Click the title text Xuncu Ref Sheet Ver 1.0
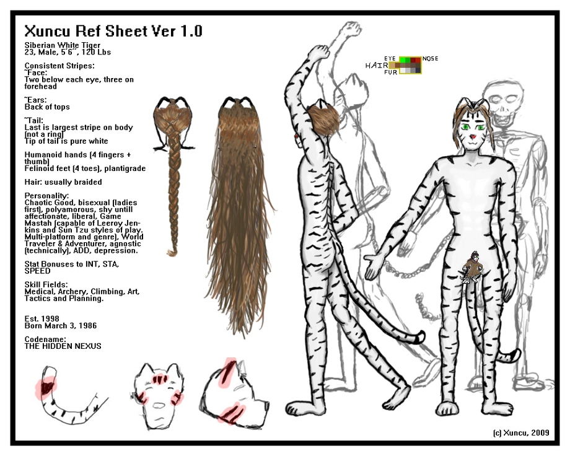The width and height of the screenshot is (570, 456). coord(113,31)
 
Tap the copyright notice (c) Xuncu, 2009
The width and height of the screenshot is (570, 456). coord(521,432)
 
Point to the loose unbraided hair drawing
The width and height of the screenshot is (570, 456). coord(240,214)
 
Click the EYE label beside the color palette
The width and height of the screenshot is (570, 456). coord(390,58)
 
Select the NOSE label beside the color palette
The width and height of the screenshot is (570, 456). coord(430,58)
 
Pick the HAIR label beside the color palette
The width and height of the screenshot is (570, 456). coord(377,66)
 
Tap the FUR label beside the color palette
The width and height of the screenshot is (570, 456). coord(390,72)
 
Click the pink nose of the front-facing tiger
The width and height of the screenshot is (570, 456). coord(473,137)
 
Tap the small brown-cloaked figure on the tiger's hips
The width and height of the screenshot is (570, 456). coord(471,267)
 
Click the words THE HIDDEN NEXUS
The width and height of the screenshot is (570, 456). coord(63,346)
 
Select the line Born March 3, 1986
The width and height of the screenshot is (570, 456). coord(61,325)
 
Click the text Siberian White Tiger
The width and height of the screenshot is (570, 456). coord(63,45)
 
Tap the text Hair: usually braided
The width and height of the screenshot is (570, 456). coord(63,182)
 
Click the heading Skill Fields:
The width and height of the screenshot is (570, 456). coord(46,284)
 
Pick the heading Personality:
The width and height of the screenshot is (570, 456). coord(46,196)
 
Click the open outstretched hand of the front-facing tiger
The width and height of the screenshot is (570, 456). coord(374,266)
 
